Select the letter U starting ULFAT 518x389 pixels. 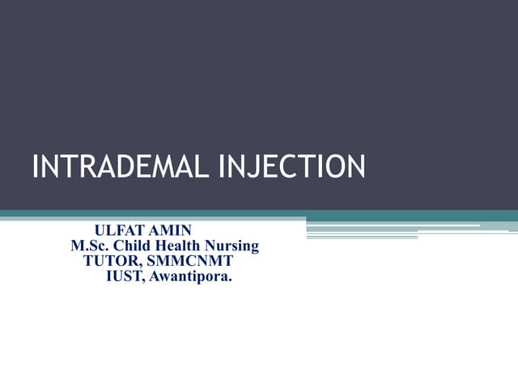100,231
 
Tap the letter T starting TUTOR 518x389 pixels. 88,262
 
